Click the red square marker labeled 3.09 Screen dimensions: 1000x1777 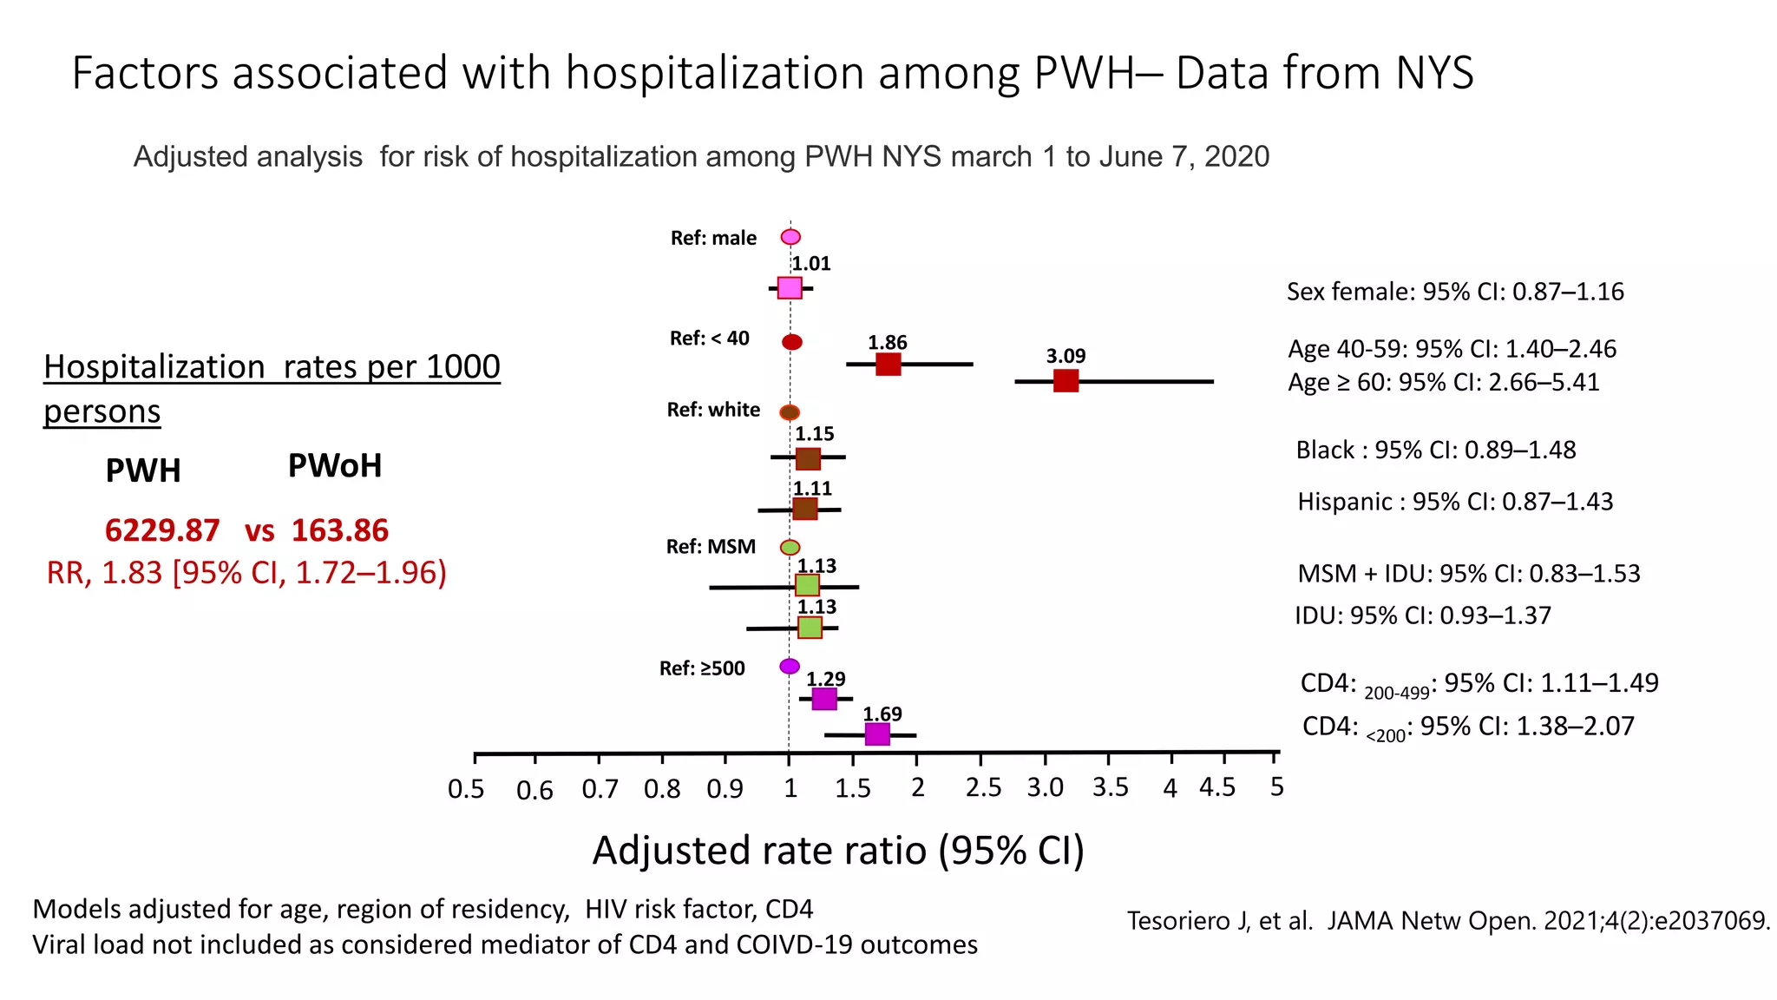[1066, 380]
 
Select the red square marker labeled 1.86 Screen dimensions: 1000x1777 [888, 364]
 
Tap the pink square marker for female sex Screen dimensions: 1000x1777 [790, 287]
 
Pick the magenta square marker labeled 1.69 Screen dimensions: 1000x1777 [877, 734]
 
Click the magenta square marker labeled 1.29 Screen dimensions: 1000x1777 [824, 698]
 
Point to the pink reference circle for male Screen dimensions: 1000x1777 [790, 237]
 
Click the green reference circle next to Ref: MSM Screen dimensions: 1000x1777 [790, 548]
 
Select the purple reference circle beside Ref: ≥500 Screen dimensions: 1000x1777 [790, 667]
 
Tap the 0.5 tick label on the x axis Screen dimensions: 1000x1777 [466, 789]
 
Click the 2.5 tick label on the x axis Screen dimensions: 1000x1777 [983, 788]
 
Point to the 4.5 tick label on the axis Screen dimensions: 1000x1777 [1217, 787]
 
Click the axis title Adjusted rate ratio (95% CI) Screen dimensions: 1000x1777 [838, 851]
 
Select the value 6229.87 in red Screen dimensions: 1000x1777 [162, 530]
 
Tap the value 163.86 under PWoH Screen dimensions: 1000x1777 [340, 530]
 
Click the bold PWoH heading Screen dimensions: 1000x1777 [334, 466]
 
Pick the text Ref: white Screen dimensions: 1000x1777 [713, 410]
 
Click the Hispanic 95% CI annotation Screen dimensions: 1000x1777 [1455, 502]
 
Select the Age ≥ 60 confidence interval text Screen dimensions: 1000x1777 [1443, 382]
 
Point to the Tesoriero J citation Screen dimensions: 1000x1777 [1448, 920]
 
